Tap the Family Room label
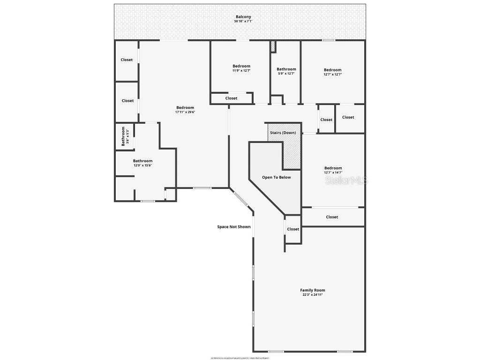[x=313, y=290]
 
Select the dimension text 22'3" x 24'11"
[x=313, y=295]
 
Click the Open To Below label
[x=276, y=177]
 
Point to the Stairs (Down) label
[x=283, y=133]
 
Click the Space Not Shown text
[x=233, y=227]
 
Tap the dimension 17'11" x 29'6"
[x=185, y=112]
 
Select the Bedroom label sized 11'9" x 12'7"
[x=241, y=66]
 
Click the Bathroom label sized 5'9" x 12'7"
[x=286, y=69]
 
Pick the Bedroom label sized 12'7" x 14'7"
[x=333, y=168]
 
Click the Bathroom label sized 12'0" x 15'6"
[x=142, y=161]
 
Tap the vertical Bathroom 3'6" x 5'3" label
[x=124, y=136]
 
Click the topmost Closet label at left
[x=127, y=60]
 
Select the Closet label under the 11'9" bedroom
[x=231, y=98]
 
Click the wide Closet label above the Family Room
[x=332, y=217]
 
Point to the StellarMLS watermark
[x=347, y=180]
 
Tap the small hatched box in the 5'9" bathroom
[x=273, y=46]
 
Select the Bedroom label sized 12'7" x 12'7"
[x=332, y=70]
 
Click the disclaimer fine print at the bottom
[x=240, y=358]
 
